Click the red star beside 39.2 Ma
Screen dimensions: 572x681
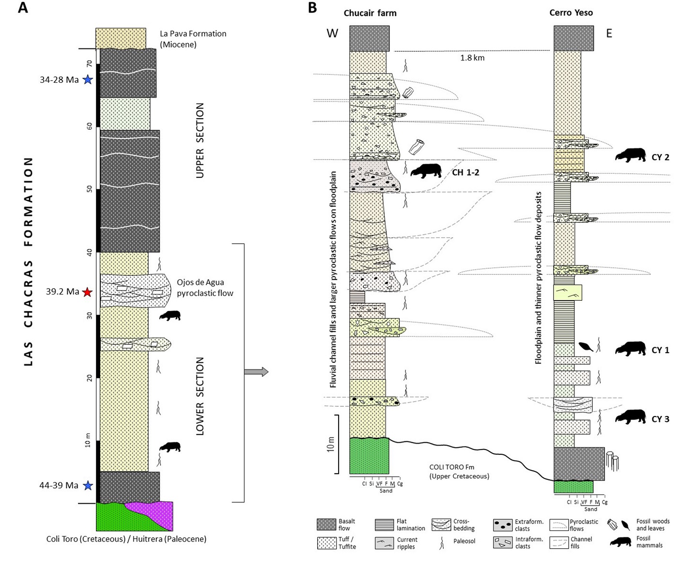click(x=87, y=292)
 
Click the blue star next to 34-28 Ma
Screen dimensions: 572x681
click(x=87, y=79)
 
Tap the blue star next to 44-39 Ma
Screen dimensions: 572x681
click(x=87, y=485)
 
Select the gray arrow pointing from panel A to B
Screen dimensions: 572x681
click(x=256, y=372)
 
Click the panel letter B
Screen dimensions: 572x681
click(x=312, y=8)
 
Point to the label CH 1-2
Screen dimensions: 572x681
click(x=465, y=172)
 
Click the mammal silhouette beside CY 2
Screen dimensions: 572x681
click(x=630, y=155)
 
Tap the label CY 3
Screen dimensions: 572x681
click(x=660, y=419)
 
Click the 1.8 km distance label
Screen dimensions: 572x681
click(x=472, y=58)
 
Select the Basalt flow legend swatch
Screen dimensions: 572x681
click(x=326, y=525)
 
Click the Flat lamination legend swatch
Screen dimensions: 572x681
click(x=384, y=525)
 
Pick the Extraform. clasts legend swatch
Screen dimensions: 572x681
click(x=503, y=525)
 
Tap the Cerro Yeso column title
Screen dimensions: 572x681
click(x=571, y=13)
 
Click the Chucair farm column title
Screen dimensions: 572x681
click(x=370, y=13)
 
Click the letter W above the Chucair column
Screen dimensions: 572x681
click(x=332, y=33)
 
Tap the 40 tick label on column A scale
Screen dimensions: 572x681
click(x=90, y=252)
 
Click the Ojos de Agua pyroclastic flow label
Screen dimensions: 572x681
click(x=204, y=288)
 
